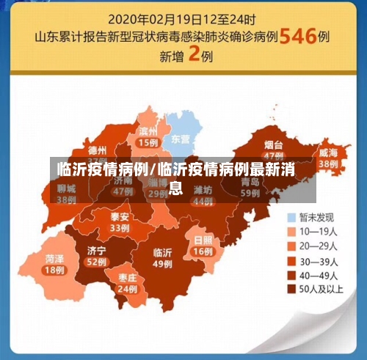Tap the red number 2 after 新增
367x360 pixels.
[195, 55]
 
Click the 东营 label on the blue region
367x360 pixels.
[181, 139]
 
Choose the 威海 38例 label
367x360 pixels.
[328, 158]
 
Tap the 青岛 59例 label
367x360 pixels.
[250, 188]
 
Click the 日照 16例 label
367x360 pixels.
[203, 246]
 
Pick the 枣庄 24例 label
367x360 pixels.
[127, 284]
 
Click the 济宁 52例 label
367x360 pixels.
[96, 255]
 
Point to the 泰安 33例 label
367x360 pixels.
[120, 222]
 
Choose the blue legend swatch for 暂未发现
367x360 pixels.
[291, 217]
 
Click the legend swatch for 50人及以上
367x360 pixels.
[291, 288]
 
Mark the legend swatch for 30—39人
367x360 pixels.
[291, 260]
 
